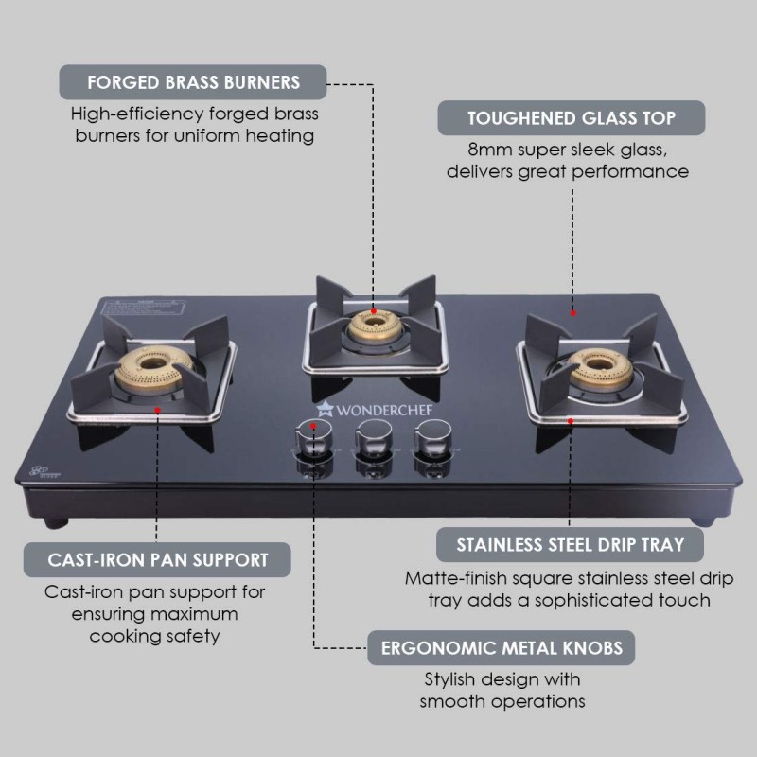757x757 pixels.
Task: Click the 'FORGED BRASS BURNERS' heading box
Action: pos(193,82)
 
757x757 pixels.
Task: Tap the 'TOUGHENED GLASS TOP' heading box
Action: pos(572,118)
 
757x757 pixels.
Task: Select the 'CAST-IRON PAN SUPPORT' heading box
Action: pos(158,559)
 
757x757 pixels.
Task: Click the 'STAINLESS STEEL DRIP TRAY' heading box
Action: pos(572,545)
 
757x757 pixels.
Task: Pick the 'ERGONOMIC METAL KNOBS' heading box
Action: pos(502,649)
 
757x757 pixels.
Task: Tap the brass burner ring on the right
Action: pos(598,366)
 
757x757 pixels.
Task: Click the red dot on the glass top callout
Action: pos(572,310)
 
